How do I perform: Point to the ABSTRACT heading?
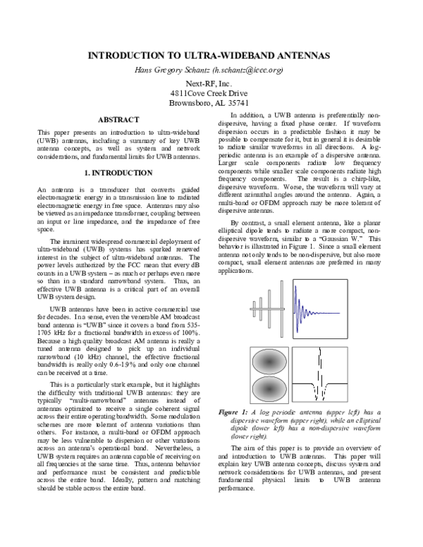[x=118, y=120]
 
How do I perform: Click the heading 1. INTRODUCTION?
[x=118, y=172]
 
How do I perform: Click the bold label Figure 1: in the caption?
[x=234, y=412]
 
